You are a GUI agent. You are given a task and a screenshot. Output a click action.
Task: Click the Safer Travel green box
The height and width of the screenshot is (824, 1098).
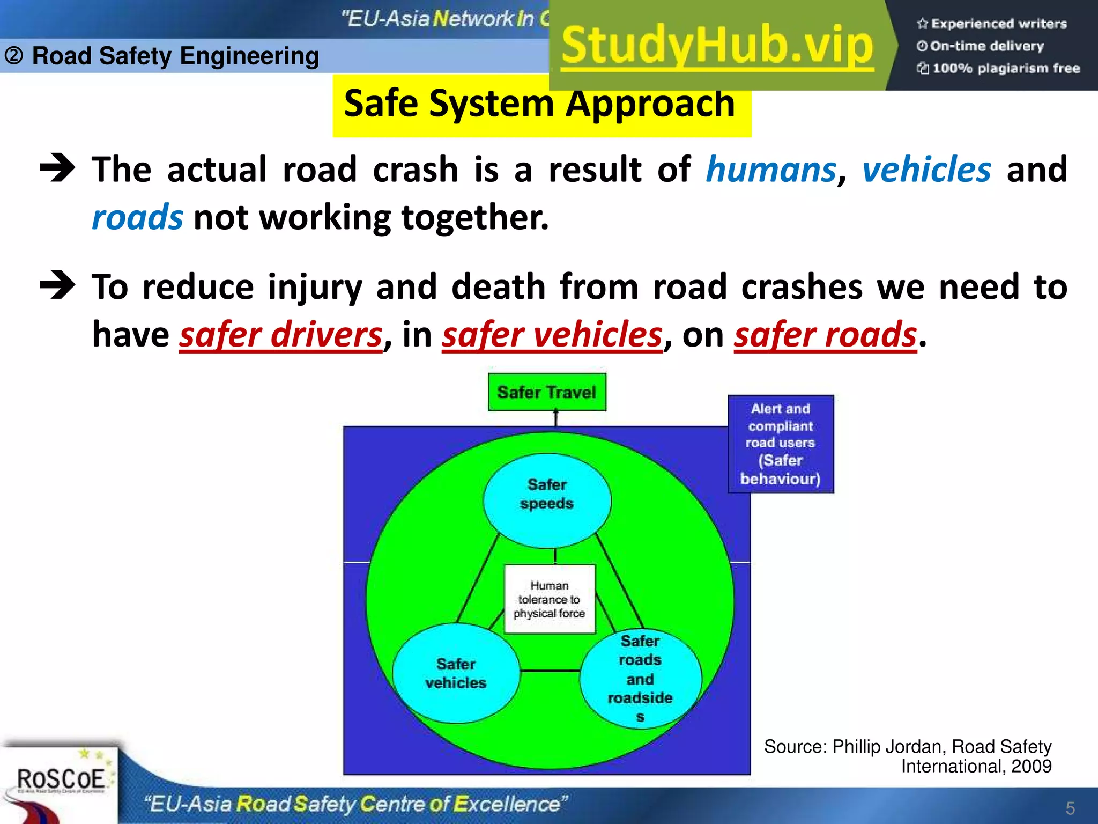547,392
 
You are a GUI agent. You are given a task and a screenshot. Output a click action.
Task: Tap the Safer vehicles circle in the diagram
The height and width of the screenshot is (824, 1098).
456,674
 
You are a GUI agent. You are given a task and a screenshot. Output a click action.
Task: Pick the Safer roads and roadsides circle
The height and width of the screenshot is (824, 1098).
641,679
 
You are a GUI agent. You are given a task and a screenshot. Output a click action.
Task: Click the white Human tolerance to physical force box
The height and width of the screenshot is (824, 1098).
550,599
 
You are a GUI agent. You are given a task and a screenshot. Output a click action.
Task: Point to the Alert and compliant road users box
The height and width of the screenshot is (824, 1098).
781,444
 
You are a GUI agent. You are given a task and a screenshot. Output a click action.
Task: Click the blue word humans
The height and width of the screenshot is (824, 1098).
771,170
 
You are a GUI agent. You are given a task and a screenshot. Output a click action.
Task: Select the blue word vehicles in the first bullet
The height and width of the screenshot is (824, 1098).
926,170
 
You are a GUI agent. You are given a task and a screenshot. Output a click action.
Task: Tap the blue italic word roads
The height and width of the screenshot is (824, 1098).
137,218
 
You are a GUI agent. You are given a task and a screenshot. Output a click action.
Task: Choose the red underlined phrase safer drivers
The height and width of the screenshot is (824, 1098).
281,335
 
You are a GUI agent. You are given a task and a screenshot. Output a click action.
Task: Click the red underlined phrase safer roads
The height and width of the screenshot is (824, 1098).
826,335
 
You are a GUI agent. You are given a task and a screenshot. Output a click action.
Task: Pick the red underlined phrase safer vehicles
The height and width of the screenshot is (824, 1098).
552,335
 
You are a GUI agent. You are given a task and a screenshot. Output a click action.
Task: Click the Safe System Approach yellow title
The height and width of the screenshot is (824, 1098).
540,105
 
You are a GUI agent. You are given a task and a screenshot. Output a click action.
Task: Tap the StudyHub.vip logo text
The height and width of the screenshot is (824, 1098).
717,46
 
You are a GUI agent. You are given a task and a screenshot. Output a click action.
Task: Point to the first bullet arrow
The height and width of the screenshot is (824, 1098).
57,168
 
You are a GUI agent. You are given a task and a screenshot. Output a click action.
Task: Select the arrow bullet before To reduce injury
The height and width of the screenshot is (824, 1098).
57,285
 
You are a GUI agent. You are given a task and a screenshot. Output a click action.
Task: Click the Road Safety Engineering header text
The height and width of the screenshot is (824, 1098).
175,56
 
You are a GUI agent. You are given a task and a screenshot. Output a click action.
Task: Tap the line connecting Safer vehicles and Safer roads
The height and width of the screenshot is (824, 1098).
550,671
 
